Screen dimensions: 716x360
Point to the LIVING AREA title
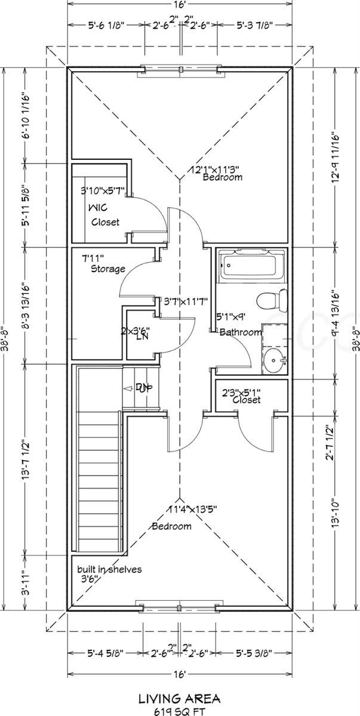tap(180, 697)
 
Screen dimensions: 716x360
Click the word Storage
tap(108, 268)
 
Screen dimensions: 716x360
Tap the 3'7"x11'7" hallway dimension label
tap(186, 302)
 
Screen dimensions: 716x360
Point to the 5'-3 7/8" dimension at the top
tap(253, 25)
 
